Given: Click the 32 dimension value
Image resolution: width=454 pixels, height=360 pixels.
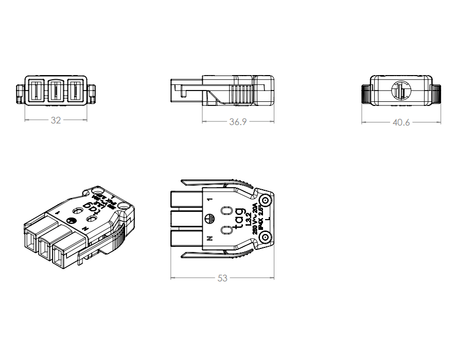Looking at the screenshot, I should click(x=56, y=120).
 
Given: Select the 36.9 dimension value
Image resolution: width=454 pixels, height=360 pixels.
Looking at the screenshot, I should click(x=238, y=122).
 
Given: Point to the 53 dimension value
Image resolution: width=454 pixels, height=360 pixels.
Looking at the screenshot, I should click(x=222, y=278).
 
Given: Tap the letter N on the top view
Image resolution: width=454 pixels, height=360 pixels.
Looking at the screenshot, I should click(x=209, y=239).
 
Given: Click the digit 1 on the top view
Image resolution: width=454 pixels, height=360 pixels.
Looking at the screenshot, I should click(x=209, y=198).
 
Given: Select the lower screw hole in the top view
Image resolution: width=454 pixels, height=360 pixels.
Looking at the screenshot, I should click(x=266, y=237).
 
